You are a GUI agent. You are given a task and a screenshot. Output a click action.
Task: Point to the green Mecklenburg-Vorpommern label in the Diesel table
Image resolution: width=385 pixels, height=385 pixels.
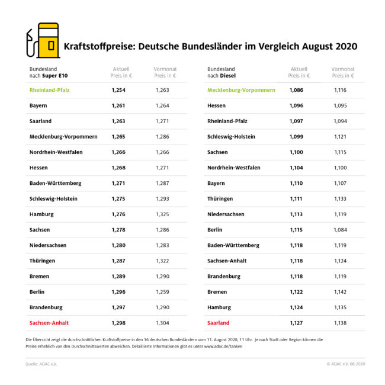(241, 90)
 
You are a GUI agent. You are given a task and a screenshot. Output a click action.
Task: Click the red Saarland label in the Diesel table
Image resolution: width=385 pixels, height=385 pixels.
(218, 323)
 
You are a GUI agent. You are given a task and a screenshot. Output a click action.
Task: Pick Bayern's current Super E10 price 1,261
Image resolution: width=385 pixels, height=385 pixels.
(119, 105)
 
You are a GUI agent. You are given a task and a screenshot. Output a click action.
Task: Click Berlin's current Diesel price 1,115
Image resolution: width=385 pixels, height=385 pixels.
(296, 230)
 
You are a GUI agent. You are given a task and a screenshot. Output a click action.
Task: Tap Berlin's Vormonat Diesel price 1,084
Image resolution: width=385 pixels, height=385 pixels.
(339, 230)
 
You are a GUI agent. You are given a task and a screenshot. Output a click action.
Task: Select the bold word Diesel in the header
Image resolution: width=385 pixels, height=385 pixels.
(229, 76)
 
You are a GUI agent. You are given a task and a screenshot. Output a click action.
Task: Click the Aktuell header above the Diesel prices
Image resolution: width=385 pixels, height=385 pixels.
(299, 69)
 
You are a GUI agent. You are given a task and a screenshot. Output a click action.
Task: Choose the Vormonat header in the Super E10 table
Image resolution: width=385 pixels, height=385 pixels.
(165, 69)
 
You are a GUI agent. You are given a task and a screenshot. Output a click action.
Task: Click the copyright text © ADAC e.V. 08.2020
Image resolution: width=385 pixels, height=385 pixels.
(346, 364)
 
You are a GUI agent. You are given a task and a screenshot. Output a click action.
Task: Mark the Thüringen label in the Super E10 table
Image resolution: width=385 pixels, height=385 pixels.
(43, 261)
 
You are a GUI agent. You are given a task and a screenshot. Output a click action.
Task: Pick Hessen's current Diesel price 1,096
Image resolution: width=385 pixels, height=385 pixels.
(296, 105)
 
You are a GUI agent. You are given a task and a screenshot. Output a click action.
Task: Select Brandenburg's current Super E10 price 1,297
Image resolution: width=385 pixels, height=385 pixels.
(119, 307)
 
